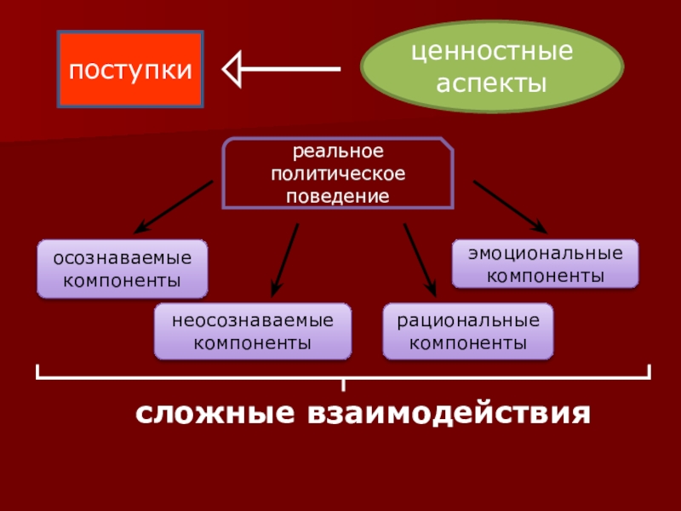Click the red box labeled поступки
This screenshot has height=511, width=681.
coord(130,70)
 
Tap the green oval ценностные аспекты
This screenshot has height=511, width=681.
coord(492,69)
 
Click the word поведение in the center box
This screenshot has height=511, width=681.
coord(339,196)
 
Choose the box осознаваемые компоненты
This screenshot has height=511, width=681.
coord(123,268)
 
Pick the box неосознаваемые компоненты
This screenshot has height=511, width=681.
coord(252,331)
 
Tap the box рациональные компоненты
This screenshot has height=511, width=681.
coord(467,331)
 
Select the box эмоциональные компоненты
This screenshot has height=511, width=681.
coord(545,264)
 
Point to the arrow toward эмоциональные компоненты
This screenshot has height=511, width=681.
coord(509,206)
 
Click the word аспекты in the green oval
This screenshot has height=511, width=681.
coord(492,83)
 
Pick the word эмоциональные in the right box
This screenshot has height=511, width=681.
coord(545,254)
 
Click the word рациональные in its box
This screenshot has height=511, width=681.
coord(467,321)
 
